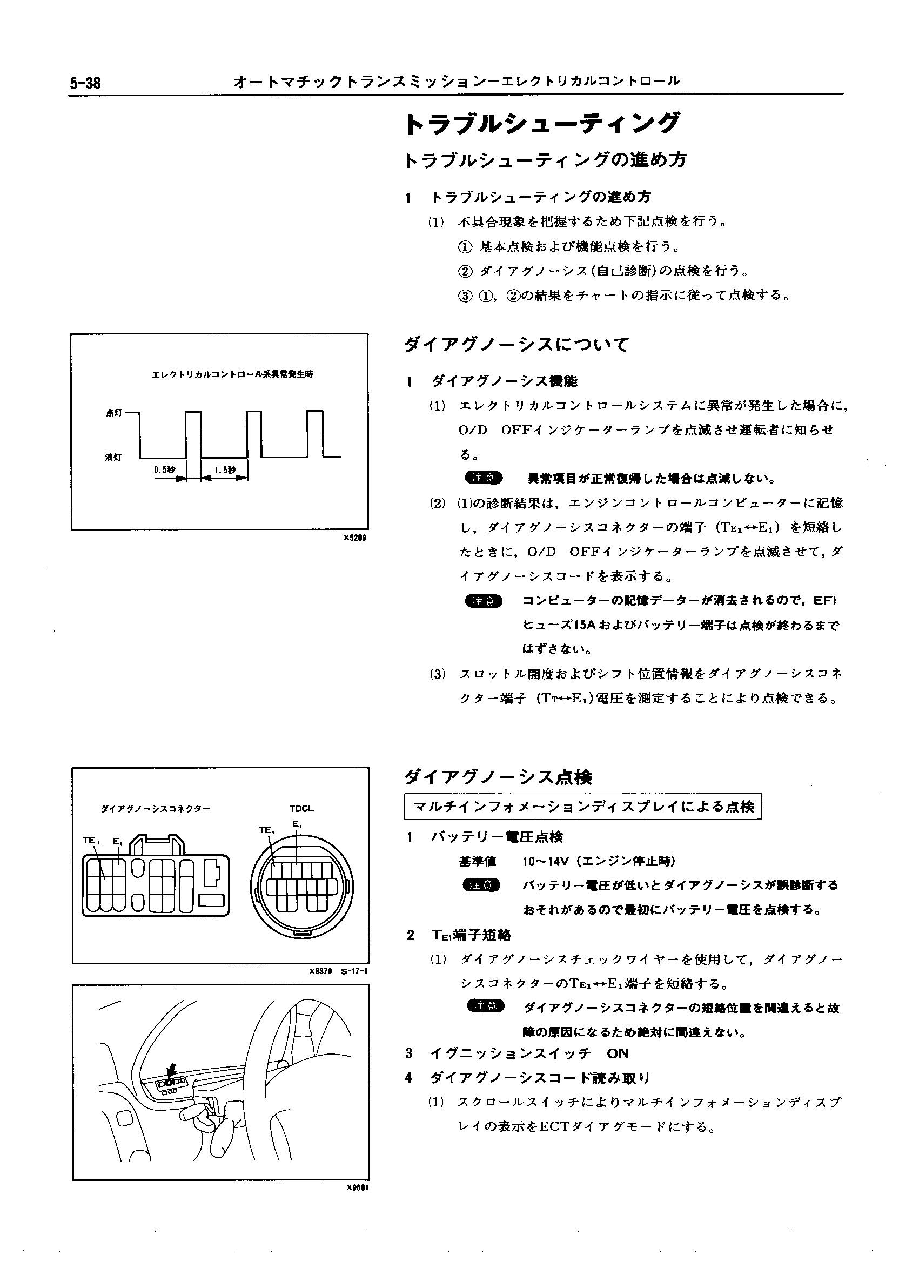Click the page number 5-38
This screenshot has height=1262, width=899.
(x=85, y=83)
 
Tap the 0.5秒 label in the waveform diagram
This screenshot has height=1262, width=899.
(x=164, y=469)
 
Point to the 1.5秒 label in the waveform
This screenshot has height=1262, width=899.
(x=225, y=469)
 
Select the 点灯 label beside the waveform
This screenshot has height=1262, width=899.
(x=113, y=413)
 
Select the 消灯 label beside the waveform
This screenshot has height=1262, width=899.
(x=113, y=457)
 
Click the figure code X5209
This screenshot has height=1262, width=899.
(x=354, y=538)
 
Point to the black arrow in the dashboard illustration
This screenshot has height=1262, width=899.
(x=172, y=1068)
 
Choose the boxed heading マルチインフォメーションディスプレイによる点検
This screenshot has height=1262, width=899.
(x=583, y=807)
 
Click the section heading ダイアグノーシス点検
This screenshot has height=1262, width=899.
(x=498, y=777)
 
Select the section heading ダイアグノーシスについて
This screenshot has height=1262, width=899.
(x=517, y=345)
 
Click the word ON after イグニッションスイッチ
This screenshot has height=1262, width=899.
(x=618, y=1053)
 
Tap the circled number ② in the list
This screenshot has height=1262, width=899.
(x=466, y=271)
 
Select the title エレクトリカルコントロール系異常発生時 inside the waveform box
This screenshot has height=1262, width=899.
(x=232, y=374)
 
